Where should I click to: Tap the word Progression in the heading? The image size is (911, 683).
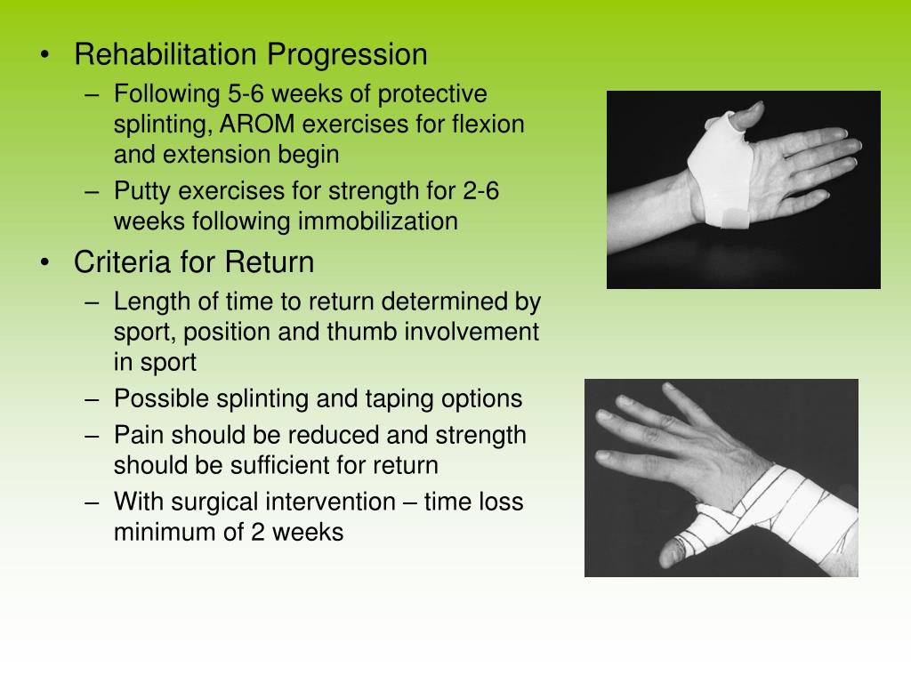[x=348, y=55]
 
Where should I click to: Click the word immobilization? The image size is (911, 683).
[x=378, y=221]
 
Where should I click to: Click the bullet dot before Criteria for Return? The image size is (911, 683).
[x=44, y=264]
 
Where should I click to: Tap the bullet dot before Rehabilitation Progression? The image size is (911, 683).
[x=44, y=56]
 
